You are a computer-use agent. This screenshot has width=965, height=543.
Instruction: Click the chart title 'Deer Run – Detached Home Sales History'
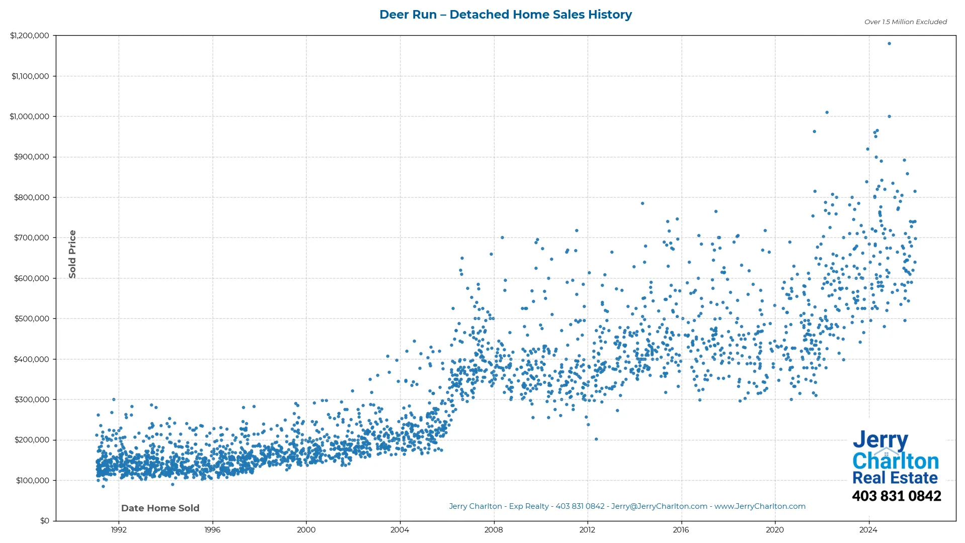click(x=505, y=15)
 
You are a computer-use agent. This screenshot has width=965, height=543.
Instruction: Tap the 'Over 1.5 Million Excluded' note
click(x=905, y=22)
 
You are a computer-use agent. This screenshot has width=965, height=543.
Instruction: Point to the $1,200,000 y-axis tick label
click(x=30, y=36)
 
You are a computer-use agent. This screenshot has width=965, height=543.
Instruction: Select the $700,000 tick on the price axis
click(x=32, y=238)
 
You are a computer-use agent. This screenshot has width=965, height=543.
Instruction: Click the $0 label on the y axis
click(x=45, y=521)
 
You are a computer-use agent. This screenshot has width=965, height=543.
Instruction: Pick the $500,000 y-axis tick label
click(x=32, y=319)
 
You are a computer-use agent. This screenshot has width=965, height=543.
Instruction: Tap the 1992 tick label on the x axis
click(x=119, y=530)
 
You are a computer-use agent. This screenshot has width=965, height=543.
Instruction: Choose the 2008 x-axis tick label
click(x=494, y=530)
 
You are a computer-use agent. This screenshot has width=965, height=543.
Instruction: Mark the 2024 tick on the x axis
click(x=868, y=530)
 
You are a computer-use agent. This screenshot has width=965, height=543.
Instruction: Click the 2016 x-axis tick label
click(x=681, y=530)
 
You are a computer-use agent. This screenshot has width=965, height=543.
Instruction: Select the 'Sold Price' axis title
click(x=72, y=254)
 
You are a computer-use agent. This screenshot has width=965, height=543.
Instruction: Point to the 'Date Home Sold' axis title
click(x=160, y=508)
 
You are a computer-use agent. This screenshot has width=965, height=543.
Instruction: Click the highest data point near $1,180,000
click(x=889, y=44)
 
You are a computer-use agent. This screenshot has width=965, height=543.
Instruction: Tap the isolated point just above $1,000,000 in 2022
click(x=827, y=113)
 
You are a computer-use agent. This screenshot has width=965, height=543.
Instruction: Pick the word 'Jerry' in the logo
click(x=880, y=440)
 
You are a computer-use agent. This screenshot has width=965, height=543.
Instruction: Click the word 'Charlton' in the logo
click(x=896, y=461)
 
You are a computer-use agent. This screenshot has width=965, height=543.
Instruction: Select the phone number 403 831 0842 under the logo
click(x=896, y=496)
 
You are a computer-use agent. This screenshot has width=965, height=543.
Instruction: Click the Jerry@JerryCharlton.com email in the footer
click(x=659, y=506)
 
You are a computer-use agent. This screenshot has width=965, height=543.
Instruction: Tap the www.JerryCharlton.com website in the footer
click(x=760, y=506)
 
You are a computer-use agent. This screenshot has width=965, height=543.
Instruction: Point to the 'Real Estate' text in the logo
click(x=895, y=478)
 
